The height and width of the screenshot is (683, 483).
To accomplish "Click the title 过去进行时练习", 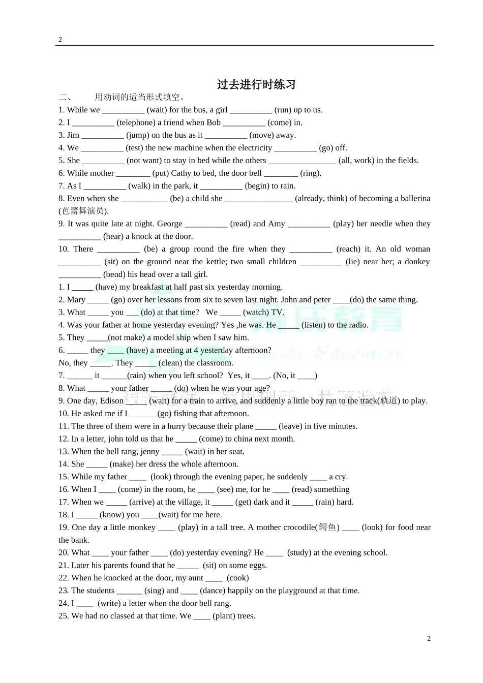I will click(x=256, y=84).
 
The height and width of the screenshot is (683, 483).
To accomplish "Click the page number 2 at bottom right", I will click(x=429, y=639).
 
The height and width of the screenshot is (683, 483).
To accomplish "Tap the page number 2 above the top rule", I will click(x=60, y=40).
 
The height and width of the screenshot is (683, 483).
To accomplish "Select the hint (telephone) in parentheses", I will click(x=136, y=122).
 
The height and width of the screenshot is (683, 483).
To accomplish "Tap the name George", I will click(x=169, y=224).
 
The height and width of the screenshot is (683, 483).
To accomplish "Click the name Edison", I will click(x=111, y=400).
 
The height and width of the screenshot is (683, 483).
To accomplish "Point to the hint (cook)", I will click(x=238, y=578).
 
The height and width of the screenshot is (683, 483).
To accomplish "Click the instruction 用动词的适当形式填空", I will click(x=140, y=97).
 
